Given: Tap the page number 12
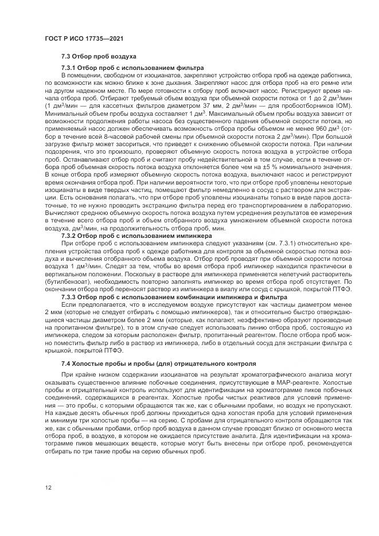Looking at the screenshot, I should click(49, 487).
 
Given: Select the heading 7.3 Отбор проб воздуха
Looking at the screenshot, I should click(99, 57).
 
